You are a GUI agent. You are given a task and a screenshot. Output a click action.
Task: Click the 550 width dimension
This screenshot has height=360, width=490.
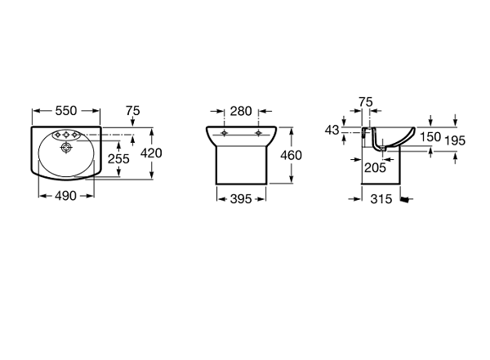[x=66, y=111]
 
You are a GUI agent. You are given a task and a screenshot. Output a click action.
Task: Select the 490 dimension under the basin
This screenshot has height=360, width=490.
[x=65, y=196]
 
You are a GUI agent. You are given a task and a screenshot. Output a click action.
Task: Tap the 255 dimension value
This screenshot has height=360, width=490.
[x=118, y=158]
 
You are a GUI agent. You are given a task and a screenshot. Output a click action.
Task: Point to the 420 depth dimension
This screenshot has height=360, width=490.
[x=151, y=153]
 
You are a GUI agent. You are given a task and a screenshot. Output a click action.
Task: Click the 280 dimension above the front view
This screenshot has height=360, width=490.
[x=241, y=111]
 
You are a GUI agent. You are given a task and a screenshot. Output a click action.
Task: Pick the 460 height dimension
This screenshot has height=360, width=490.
[x=291, y=155]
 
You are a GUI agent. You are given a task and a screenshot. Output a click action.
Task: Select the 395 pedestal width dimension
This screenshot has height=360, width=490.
[x=241, y=198]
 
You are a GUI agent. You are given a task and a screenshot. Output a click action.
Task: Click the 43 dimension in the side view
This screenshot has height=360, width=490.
[x=332, y=130]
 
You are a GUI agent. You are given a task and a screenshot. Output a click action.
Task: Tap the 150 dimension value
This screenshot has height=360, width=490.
[x=430, y=137]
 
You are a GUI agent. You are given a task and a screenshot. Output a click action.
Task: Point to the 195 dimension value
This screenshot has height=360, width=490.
[x=455, y=140]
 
